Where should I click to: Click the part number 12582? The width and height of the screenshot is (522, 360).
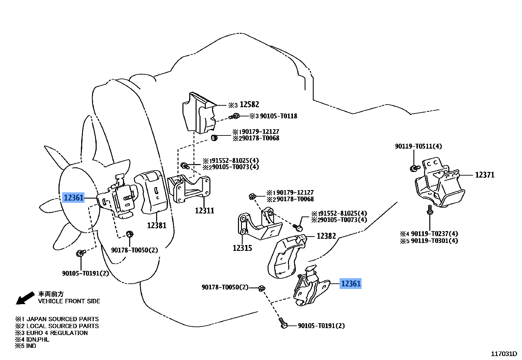point(249,105)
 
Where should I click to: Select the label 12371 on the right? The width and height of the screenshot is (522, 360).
point(485,175)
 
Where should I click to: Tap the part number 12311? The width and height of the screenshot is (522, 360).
point(204,211)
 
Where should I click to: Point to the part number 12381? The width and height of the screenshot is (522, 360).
point(156,226)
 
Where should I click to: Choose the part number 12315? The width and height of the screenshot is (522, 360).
point(242,248)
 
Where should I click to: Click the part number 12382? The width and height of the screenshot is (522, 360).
point(326,236)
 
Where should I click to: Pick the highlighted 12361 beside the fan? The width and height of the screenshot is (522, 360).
point(74,198)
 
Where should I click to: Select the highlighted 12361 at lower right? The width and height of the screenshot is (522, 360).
point(351,283)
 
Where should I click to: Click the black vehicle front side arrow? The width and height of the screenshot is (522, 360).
point(25,298)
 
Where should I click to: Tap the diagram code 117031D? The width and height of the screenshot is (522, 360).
point(504,354)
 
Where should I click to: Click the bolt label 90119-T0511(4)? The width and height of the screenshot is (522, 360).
point(418,146)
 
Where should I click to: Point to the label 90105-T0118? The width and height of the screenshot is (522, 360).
point(278,116)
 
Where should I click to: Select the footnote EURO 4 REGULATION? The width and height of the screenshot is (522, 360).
point(57,333)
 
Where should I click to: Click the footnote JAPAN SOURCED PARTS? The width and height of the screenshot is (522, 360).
point(62,319)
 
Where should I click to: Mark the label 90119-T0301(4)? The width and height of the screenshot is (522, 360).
point(434,241)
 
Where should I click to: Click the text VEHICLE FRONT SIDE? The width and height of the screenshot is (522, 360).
point(69,301)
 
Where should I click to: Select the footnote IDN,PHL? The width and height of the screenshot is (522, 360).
point(37,339)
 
